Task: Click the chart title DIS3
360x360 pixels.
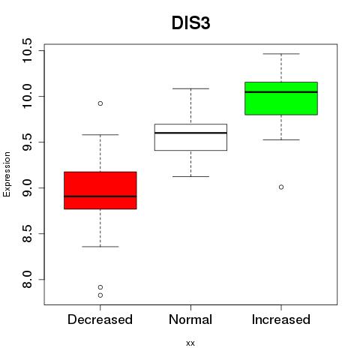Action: pos(190,23)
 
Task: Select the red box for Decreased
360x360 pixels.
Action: pos(100,190)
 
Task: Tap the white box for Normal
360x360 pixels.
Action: pos(190,137)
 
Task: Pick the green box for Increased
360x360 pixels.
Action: pos(281,98)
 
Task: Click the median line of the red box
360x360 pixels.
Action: pos(100,196)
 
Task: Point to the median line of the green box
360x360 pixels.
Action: pos(281,92)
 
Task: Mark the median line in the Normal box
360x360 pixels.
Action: pos(190,133)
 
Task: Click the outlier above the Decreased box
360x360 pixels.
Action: pos(100,103)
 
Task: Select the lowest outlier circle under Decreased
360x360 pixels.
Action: pos(100,295)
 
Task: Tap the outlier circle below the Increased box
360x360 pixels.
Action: pos(281,187)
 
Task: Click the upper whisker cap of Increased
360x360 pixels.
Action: pos(281,54)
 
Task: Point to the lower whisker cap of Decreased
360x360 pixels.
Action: pos(100,247)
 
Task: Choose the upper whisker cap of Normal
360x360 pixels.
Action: pos(190,88)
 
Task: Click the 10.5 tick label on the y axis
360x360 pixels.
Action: pos(27,50)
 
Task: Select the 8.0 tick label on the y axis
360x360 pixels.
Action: pos(27,280)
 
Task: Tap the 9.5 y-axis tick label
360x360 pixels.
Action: pos(27,142)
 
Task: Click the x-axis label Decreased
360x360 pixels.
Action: pos(100,319)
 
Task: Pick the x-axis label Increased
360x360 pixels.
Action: pos(281,319)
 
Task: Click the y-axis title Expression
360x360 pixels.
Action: pos(7,174)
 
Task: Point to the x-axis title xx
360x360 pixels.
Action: pos(190,343)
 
